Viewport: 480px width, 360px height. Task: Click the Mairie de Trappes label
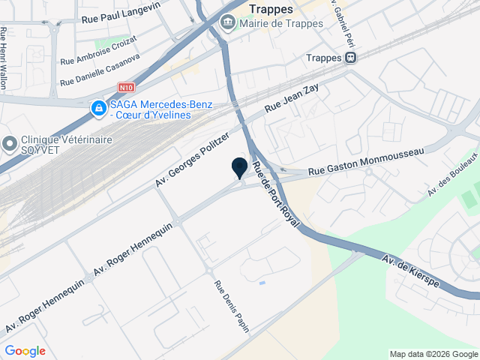coord(281,23)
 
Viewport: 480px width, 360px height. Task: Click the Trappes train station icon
coord(351,58)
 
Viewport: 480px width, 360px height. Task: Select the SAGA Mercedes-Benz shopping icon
coord(98,109)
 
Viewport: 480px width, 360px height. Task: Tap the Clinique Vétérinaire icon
coord(10,142)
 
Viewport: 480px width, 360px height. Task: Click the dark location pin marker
coord(240,168)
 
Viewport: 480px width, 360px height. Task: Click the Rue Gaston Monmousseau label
coord(366,159)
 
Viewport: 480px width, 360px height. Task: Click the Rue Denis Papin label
coord(232,306)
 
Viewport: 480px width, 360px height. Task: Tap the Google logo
coord(25,351)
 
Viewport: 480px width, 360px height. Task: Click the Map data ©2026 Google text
coord(433,354)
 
